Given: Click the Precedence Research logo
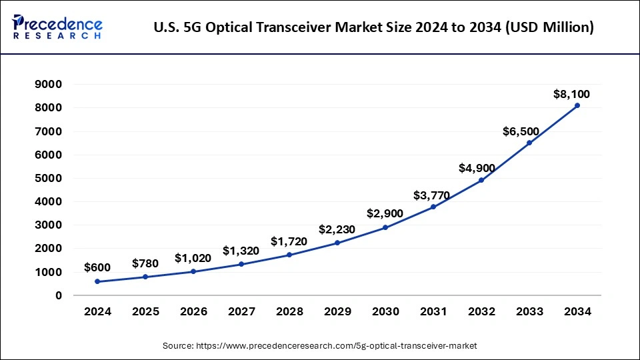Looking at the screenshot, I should pos(57,27).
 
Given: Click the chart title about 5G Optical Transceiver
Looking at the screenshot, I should pos(373,27).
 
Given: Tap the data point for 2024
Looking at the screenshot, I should pos(97,281).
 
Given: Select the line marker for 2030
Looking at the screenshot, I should pos(385,227).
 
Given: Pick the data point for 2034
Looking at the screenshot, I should pos(577,105).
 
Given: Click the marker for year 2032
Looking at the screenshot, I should pos(481,180).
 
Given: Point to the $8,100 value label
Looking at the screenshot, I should pos(571,94).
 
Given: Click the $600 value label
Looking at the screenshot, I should pos(97,267).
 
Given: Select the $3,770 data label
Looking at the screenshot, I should pos(431,195).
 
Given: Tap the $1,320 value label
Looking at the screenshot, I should pos(239,251).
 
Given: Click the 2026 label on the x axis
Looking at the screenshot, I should pos(193,311).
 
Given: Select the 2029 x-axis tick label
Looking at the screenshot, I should pos(337,311).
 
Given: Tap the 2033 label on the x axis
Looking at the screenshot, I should pos(529,311).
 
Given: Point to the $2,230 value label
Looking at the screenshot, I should pos(337,229).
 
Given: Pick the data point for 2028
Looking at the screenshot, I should pos(289,255).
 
